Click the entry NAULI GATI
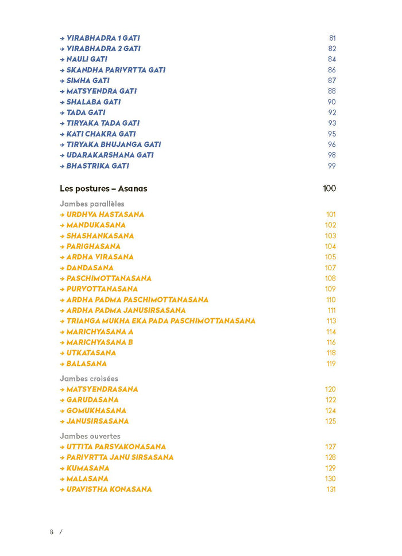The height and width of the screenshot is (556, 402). pos(87,59)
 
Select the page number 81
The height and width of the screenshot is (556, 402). pos(332,38)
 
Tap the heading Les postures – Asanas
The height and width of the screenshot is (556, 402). pos(103,189)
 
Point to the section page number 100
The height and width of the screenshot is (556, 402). pos(329,189)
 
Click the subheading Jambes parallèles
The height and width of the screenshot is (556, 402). pos(92,204)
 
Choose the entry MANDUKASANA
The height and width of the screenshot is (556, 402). pos(96,225)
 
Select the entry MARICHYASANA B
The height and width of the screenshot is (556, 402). pos(100,342)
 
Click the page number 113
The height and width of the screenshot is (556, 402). pos(331,321)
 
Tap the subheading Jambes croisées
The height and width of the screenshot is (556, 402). pos(89,378)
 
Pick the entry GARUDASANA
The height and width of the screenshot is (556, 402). pos(92,400)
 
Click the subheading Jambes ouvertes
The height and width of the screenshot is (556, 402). pos(90,436)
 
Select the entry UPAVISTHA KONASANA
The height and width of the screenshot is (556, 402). pos(109,489)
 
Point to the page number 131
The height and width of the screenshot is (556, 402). pos(330,489)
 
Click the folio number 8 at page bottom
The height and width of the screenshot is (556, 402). pos(52,532)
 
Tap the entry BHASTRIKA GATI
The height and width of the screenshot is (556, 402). pos(98,166)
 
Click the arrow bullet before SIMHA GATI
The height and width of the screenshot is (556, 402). pos(62,81)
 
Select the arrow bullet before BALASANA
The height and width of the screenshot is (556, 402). pos(62,364)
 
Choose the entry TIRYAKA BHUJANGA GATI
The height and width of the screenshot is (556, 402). pos(114,145)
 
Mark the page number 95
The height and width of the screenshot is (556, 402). pos(332,134)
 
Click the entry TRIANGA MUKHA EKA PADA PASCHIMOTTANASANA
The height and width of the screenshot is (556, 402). pos(161,321)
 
